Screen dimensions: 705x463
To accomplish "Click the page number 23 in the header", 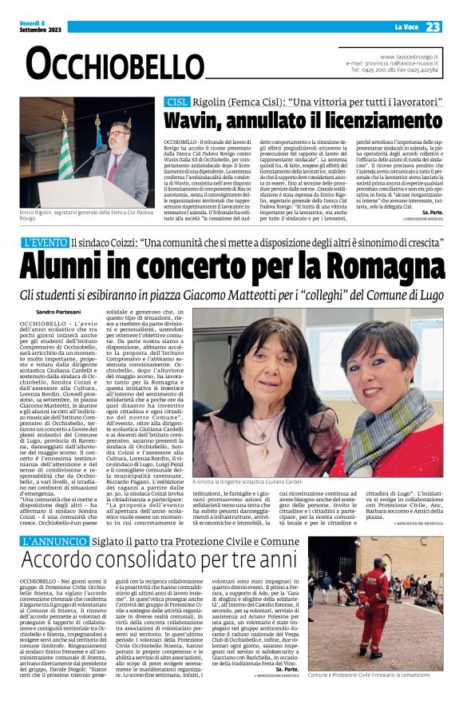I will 433,27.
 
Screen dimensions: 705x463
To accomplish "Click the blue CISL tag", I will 176,102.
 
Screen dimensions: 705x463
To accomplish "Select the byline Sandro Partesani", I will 57,311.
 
